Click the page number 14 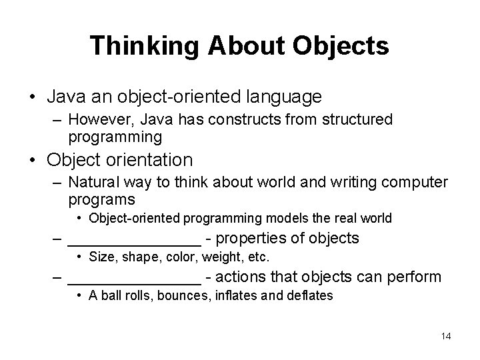(445, 336)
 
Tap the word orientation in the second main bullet (153, 160)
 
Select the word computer (413, 182)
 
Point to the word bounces (182, 295)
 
